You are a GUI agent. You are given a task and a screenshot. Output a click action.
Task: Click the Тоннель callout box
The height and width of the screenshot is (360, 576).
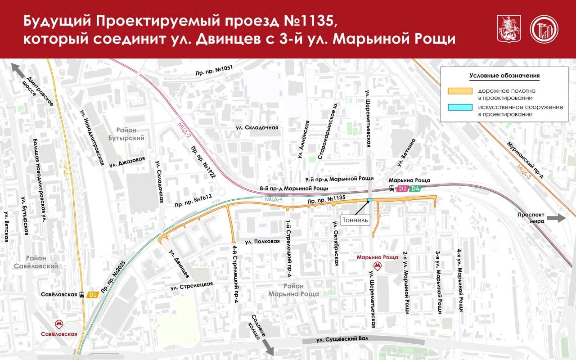pos(355,220)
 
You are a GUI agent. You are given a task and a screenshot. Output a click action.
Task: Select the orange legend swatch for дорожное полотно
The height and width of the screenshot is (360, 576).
pos(460,91)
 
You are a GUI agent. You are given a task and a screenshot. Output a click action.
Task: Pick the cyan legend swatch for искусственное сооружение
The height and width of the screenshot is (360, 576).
pos(460,107)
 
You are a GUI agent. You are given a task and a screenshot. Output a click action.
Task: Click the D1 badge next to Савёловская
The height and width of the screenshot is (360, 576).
pos(93,295)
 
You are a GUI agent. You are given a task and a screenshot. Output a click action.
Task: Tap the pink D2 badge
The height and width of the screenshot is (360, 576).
pos(403,189)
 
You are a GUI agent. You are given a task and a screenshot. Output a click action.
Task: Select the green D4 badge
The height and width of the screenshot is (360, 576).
pos(416,189)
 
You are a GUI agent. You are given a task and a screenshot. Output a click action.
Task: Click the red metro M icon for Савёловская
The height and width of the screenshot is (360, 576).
pos(58,324)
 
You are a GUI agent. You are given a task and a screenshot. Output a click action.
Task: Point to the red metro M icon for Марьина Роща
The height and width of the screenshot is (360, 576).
pos(378,266)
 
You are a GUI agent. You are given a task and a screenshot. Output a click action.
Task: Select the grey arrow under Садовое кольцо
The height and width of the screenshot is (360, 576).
pos(268,347)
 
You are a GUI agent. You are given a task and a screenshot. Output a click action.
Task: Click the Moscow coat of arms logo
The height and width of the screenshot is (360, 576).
pos(507,29)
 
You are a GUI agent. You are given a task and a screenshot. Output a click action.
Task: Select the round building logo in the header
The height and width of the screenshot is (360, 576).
pos(544,29)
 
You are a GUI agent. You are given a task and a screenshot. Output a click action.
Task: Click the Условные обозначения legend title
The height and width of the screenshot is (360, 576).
pos(504,76)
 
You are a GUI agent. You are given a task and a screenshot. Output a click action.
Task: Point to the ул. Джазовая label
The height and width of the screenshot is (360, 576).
pos(127,162)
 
